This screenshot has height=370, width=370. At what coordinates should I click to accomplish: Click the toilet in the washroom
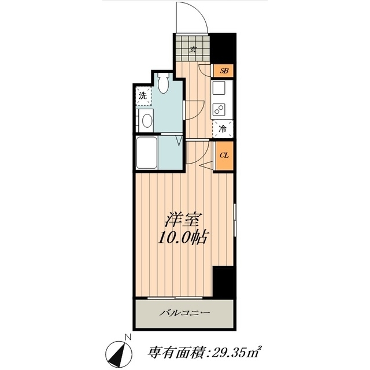click(x=164, y=83)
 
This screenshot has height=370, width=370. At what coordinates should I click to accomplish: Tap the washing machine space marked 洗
click(x=143, y=96)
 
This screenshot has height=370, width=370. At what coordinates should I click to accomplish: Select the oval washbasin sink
click(x=147, y=121)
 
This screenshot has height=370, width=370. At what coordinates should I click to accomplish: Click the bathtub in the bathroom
click(x=147, y=153)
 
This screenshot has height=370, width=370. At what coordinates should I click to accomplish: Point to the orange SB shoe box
click(x=224, y=71)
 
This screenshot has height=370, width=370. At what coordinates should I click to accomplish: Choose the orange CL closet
click(x=224, y=156)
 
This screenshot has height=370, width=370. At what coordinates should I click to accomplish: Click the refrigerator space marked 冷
click(x=223, y=129)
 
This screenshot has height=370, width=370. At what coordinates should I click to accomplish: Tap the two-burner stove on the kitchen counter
click(x=219, y=110)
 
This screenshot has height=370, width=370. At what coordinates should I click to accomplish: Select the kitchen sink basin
click(x=219, y=88)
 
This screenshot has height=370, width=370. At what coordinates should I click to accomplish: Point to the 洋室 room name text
click(x=183, y=220)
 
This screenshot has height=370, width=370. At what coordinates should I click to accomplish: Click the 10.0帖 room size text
click(x=183, y=238)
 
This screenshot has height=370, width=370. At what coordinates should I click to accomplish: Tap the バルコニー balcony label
click(x=184, y=313)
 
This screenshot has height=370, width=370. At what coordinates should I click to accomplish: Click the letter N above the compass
click(x=128, y=337)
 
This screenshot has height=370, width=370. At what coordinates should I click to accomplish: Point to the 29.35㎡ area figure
click(x=236, y=353)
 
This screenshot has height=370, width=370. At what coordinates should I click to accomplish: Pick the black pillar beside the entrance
click(x=223, y=48)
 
